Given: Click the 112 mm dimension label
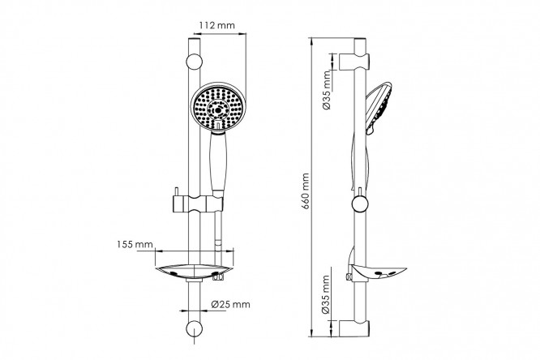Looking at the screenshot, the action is pos(217,25).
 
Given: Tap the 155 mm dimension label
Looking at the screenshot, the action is pos(135,245).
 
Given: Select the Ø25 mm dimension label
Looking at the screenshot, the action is pos(231,304).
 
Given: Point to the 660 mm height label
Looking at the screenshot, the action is pos(306,191).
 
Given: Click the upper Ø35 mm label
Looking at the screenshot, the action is pos(328,90).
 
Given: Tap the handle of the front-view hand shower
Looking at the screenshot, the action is pos(217,162).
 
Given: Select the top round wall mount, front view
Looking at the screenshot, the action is pos(195,62).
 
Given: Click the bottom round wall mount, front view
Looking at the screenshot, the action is pos(195,328).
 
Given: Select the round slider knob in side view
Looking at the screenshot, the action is pos(360,204).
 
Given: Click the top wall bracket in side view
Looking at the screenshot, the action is pos(354,62).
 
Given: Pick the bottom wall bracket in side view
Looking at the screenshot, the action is pos(354,328).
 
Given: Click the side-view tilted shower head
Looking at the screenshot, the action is pos(378,108).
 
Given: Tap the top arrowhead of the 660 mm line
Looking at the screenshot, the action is pos(311,41).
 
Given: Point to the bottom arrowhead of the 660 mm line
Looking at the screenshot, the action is pos(311,333).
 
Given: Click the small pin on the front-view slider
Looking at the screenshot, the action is pos(177,191).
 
